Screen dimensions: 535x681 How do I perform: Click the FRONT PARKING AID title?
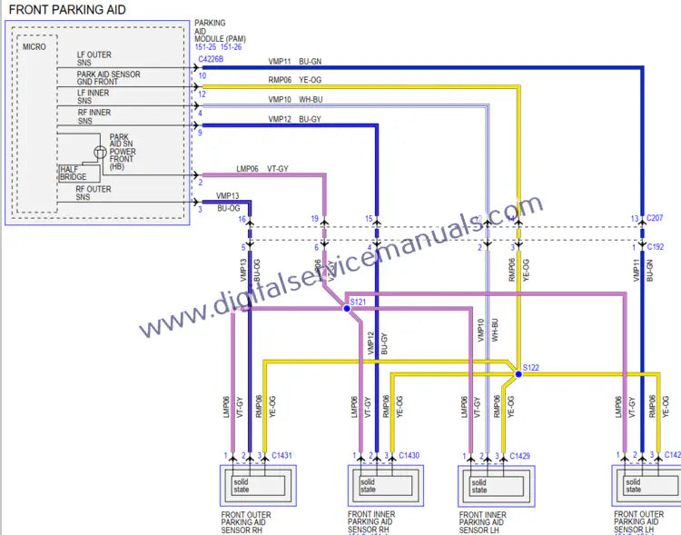click(67, 10)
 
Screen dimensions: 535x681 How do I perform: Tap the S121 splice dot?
click(346, 309)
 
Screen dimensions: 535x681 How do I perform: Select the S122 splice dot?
click(518, 373)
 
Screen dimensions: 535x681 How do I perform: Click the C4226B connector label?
click(211, 60)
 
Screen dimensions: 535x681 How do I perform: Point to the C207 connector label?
click(655, 219)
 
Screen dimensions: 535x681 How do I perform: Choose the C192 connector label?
click(655, 246)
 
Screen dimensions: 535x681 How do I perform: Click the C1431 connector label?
click(281, 455)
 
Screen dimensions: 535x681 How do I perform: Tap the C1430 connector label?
click(409, 455)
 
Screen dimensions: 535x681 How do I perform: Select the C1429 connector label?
click(519, 455)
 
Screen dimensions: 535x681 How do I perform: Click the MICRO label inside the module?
click(34, 45)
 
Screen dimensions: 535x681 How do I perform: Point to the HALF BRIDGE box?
click(73, 173)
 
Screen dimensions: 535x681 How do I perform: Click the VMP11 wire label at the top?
click(280, 62)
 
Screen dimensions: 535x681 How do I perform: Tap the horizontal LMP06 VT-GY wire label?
click(262, 169)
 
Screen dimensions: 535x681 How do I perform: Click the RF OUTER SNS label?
click(94, 193)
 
